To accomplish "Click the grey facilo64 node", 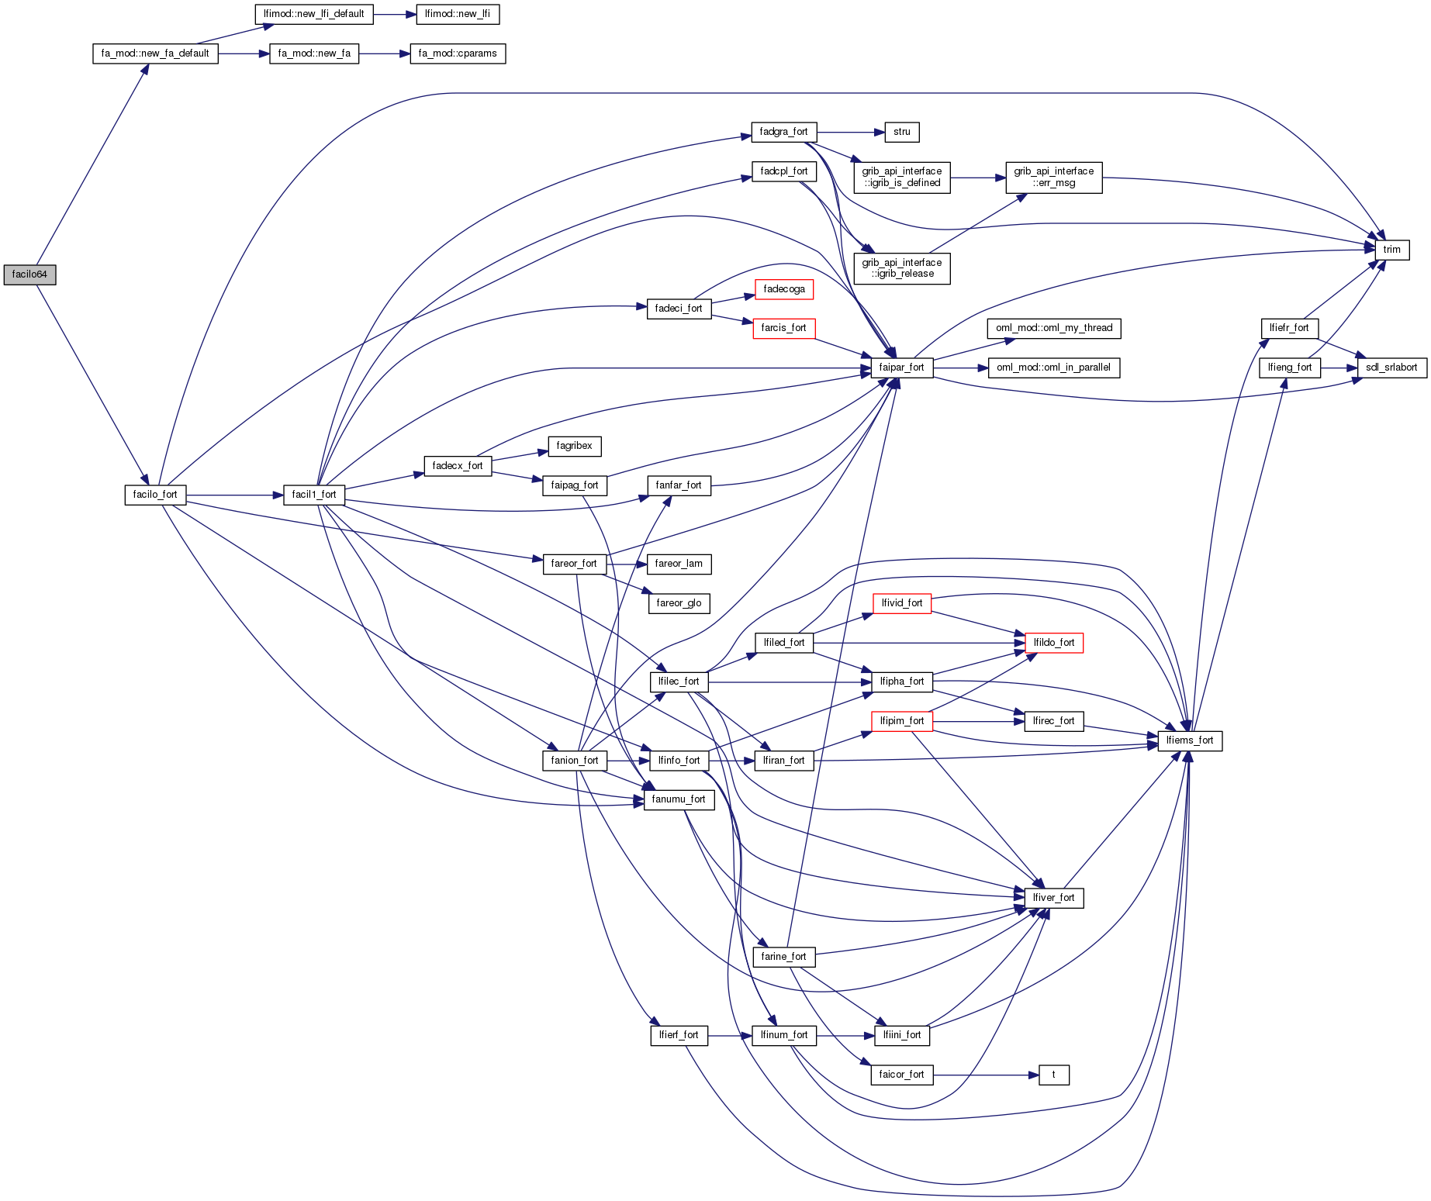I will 29,274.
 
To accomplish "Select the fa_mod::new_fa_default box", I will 155,53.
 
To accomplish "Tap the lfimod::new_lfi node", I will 458,14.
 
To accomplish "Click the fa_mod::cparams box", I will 458,53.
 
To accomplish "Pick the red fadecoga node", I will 784,289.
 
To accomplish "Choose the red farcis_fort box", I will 783,328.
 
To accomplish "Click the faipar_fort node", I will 901,368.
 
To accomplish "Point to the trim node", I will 1392,250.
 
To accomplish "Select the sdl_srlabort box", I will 1391,368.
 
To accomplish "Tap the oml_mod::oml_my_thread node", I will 1054,328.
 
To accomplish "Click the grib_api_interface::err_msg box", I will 1054,177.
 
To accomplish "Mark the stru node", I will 902,132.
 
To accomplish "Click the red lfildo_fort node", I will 1054,643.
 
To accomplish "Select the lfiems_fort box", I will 1190,740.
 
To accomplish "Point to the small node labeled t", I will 1053,1075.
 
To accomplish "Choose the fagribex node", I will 574,446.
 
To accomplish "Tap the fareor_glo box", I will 679,603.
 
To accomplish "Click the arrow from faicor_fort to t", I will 985,1075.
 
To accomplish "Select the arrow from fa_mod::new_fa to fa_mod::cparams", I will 384,53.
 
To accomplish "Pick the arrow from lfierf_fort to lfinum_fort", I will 729,1035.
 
